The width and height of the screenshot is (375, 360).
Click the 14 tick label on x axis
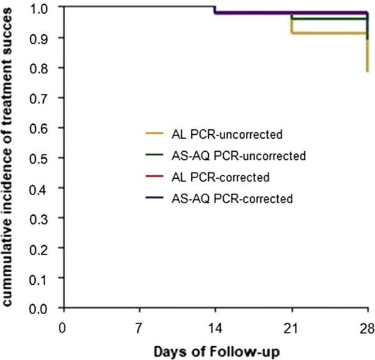point(215,327)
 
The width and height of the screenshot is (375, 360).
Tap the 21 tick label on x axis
point(292,327)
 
